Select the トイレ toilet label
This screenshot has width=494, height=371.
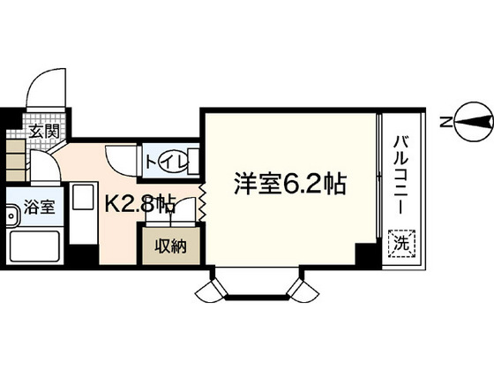click(x=164, y=161)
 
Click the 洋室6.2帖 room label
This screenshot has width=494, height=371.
click(x=288, y=185)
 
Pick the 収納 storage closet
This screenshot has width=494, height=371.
click(x=172, y=246)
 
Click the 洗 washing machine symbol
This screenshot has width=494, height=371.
click(x=400, y=239)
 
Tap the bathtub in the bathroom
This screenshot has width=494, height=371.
click(x=34, y=248)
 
